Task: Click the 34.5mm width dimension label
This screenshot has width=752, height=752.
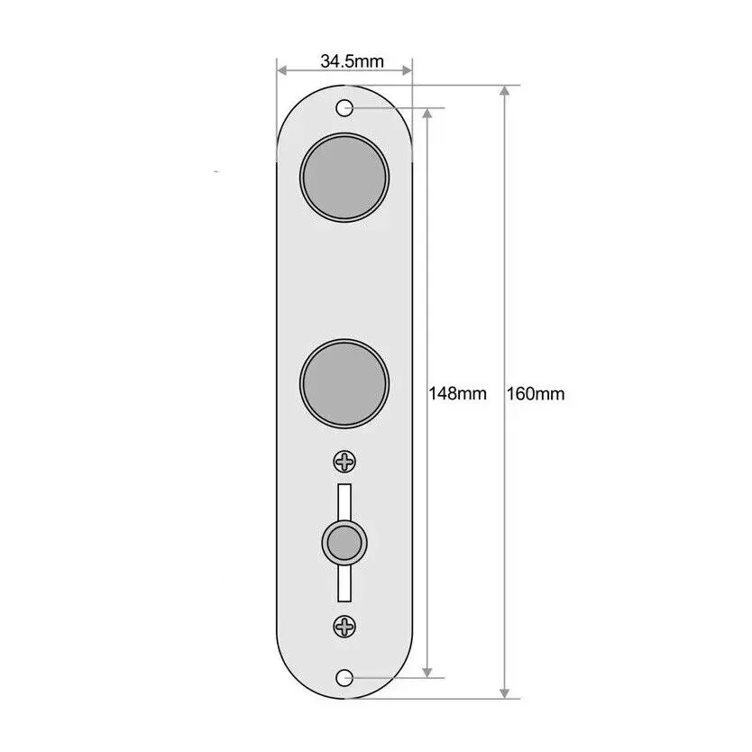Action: click(x=352, y=61)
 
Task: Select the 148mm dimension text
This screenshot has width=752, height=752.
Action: click(x=457, y=394)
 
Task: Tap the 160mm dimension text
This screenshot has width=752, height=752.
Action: click(x=536, y=394)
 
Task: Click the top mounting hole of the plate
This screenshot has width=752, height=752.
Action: click(x=344, y=108)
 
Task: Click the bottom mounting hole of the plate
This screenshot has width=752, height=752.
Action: click(x=344, y=678)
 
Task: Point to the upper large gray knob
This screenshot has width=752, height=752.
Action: click(x=344, y=177)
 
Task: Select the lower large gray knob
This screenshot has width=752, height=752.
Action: click(x=344, y=383)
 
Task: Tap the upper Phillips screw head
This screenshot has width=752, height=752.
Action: click(x=344, y=463)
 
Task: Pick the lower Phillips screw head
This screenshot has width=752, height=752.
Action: click(x=344, y=627)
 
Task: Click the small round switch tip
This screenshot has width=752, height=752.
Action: click(x=344, y=544)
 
